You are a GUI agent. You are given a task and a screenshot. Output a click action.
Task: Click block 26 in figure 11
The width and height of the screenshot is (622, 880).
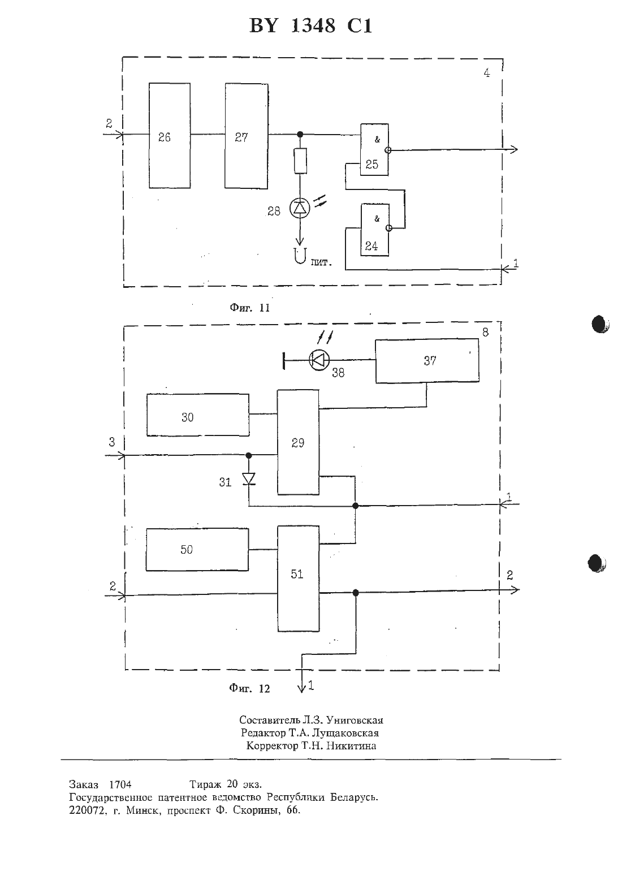click(170, 136)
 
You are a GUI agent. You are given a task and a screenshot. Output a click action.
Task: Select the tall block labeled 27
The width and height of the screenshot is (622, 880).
click(247, 136)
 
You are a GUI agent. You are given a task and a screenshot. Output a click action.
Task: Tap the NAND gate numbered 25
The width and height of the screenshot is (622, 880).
click(374, 150)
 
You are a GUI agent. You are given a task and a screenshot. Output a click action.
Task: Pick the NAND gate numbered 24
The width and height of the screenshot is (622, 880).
click(374, 230)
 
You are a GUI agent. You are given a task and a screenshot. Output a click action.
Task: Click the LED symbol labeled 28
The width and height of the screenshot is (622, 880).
click(300, 208)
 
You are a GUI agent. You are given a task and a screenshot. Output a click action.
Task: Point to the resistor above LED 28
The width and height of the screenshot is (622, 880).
click(300, 161)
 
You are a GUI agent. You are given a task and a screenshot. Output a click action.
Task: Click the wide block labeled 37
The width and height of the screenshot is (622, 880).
click(427, 361)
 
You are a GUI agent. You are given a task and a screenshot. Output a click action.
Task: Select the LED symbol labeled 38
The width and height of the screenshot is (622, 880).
click(319, 359)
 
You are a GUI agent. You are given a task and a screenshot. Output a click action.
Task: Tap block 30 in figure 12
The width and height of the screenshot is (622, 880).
click(198, 415)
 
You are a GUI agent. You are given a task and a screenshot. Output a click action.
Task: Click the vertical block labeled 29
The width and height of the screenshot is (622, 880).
click(298, 442)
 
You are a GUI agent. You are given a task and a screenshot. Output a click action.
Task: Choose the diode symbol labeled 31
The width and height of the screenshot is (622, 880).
click(249, 479)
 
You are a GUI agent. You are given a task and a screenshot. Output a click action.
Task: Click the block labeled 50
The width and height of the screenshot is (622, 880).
click(197, 549)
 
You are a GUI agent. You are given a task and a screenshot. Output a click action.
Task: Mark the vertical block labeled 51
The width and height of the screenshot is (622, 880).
click(299, 579)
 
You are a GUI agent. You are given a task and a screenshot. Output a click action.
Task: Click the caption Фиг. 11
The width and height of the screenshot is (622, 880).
click(250, 308)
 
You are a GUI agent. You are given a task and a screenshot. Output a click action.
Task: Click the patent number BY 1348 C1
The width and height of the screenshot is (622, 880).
click(310, 26)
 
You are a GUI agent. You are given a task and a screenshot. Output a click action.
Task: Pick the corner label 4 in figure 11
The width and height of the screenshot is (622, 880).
click(487, 73)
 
